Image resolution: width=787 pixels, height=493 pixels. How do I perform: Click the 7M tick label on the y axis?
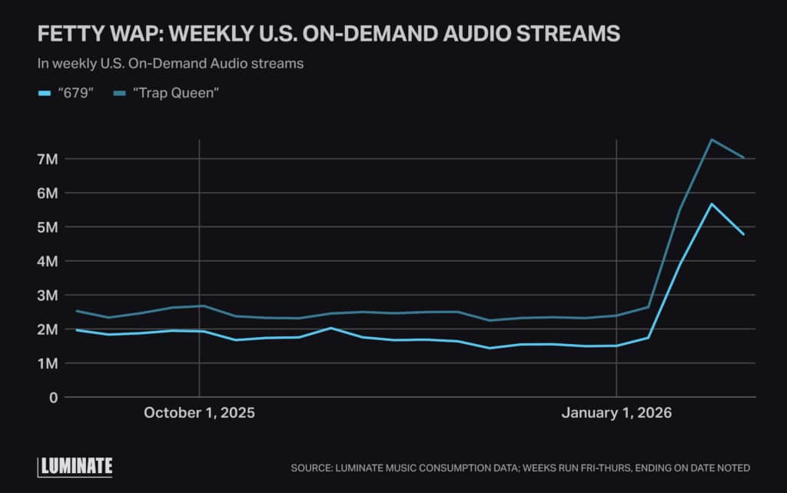tap(48, 159)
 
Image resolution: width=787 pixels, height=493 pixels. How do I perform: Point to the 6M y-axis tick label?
tap(48, 193)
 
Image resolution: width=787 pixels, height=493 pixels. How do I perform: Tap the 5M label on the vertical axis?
tap(48, 227)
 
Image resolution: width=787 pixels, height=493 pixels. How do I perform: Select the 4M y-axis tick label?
tap(48, 261)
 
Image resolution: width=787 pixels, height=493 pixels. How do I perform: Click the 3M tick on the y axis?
tap(48, 295)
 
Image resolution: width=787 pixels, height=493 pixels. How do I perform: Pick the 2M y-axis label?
tap(48, 329)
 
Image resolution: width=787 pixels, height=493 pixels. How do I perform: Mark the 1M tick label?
tap(48, 363)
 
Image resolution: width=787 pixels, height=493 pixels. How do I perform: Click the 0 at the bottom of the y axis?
tap(53, 397)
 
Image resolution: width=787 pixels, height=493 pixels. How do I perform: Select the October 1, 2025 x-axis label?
tap(199, 413)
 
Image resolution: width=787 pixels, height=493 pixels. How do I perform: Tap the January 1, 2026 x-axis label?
tap(616, 413)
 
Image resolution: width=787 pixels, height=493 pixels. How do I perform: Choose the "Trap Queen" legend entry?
tap(165, 93)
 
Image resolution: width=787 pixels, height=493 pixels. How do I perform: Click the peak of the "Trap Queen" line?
tap(712, 140)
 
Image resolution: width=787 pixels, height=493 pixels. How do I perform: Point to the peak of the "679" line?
tap(712, 204)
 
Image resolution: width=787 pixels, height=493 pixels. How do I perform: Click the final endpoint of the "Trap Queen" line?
tap(744, 157)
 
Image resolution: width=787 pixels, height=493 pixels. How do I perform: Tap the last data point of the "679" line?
tap(744, 234)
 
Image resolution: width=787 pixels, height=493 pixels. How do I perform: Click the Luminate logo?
tap(75, 466)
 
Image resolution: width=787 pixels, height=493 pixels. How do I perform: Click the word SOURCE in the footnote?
tap(313, 468)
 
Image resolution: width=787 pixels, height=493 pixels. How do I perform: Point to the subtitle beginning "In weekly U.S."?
tap(170, 64)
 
